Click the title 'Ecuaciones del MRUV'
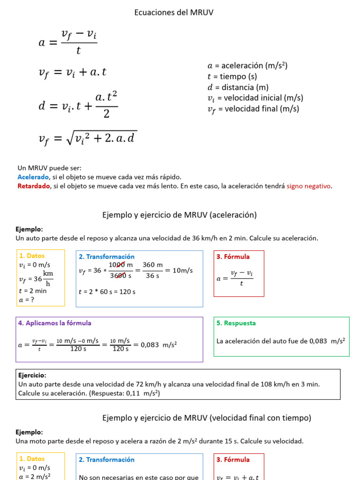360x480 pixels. tap(174, 13)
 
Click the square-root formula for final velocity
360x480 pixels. tap(88, 137)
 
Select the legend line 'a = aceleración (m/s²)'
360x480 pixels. tap(247, 66)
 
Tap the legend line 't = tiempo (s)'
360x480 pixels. tap(232, 76)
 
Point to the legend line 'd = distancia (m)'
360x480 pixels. tap(238, 87)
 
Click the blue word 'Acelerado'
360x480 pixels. tap(33, 177)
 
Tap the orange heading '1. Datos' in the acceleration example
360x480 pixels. tap(32, 256)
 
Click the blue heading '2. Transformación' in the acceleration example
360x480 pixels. tap(106, 256)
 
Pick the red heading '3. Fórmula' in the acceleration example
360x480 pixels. tap(233, 256)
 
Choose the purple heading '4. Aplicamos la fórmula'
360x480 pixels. tap(55, 323)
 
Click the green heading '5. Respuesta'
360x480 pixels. tap(236, 323)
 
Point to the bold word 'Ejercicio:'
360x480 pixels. tap(32, 375)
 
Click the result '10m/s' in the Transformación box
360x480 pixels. tap(182, 270)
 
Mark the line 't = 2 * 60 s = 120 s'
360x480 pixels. tap(107, 292)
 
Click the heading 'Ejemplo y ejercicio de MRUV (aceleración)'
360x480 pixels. tap(180, 215)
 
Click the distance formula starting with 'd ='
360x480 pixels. tap(78, 106)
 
